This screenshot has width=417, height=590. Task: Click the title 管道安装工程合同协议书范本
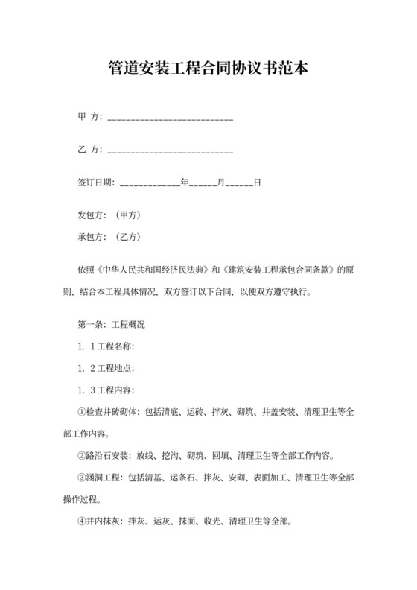point(208,70)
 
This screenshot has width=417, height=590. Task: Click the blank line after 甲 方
point(171,119)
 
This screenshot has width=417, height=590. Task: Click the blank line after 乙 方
point(171,151)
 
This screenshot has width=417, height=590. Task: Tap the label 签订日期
point(95,183)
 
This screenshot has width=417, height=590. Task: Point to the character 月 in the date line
point(220,183)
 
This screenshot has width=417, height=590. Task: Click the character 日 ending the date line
point(257,183)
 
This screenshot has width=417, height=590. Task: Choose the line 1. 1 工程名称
point(106,347)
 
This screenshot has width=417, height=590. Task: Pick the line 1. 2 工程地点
point(106,369)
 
